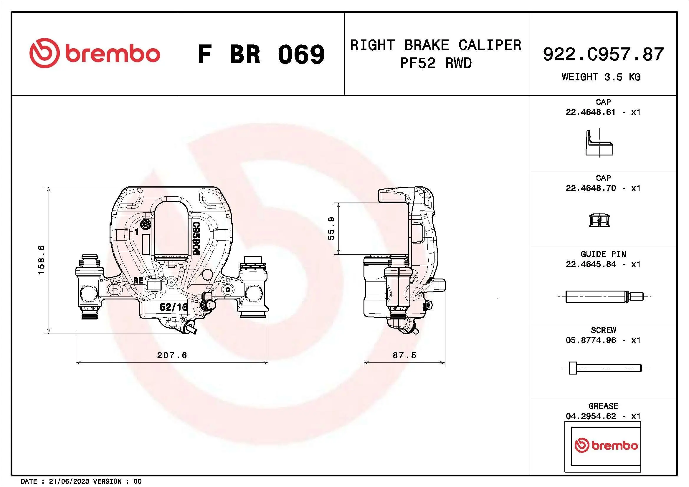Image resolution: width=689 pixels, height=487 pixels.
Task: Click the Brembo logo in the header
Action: click(x=95, y=53)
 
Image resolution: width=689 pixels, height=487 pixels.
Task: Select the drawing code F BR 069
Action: click(x=261, y=54)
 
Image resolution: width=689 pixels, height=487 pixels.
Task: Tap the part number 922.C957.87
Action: click(x=603, y=54)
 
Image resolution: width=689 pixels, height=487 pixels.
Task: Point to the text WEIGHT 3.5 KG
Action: click(x=601, y=77)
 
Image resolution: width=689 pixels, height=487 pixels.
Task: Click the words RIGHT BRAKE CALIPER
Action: click(x=436, y=45)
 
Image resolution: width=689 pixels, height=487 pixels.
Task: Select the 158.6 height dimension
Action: click(x=41, y=260)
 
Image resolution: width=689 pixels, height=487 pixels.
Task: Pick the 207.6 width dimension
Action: click(x=172, y=355)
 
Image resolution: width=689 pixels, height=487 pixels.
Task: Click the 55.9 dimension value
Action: click(x=331, y=228)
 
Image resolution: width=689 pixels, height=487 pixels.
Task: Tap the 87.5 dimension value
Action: click(x=404, y=355)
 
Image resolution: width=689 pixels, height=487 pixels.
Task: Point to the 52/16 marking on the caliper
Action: click(x=174, y=307)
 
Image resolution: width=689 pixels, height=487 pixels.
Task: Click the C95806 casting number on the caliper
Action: click(x=196, y=238)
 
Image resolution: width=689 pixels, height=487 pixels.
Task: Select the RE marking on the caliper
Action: click(x=138, y=280)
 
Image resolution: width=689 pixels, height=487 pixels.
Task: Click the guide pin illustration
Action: click(x=604, y=296)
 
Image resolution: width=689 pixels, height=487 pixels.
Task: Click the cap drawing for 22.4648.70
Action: click(x=599, y=221)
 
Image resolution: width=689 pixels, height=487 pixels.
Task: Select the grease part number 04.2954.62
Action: click(x=591, y=416)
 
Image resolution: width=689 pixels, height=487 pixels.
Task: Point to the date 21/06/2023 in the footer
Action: click(x=69, y=481)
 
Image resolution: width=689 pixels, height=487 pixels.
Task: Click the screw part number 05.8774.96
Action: click(x=591, y=340)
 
